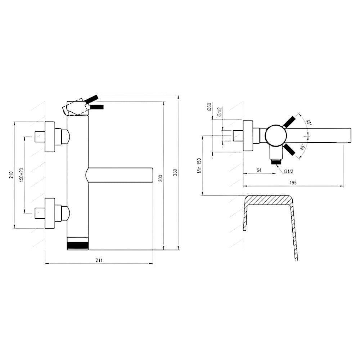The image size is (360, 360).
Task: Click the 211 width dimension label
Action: [x=99, y=260]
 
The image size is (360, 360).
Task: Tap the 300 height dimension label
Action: [x=161, y=179]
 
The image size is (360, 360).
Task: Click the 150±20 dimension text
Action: [x=22, y=175]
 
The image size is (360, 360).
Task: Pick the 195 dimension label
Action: [x=293, y=183]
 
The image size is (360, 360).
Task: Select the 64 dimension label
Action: [x=259, y=170]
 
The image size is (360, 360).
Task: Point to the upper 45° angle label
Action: [x=309, y=122]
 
